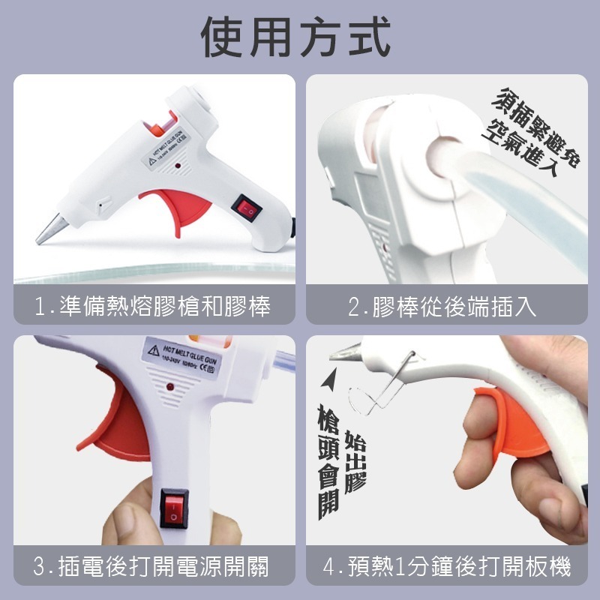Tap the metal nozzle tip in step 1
(x=49, y=229)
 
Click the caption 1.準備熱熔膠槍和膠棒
(x=153, y=306)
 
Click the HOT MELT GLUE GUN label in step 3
(x=184, y=358)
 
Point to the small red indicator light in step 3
(x=170, y=388)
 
